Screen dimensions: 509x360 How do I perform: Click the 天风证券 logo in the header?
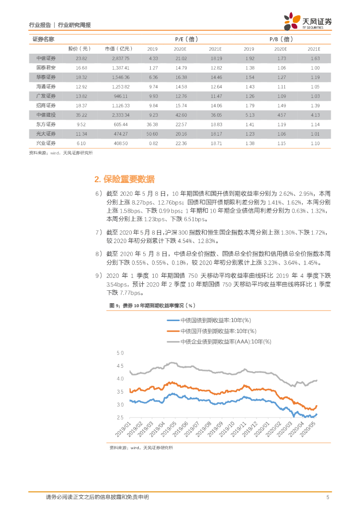[x=308, y=21]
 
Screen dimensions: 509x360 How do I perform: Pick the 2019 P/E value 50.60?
[x=153, y=134]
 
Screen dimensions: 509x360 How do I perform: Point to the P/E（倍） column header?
[x=184, y=39]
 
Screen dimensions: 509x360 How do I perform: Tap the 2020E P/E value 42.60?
[x=180, y=115]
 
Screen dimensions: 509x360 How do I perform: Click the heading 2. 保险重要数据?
[x=124, y=179]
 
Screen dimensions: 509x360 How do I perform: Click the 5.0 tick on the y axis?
[x=119, y=353]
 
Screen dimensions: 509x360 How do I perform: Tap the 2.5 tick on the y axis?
[x=119, y=419]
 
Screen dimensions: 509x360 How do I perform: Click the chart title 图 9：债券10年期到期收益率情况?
[x=152, y=305]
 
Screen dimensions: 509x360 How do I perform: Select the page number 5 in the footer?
[x=328, y=498]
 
